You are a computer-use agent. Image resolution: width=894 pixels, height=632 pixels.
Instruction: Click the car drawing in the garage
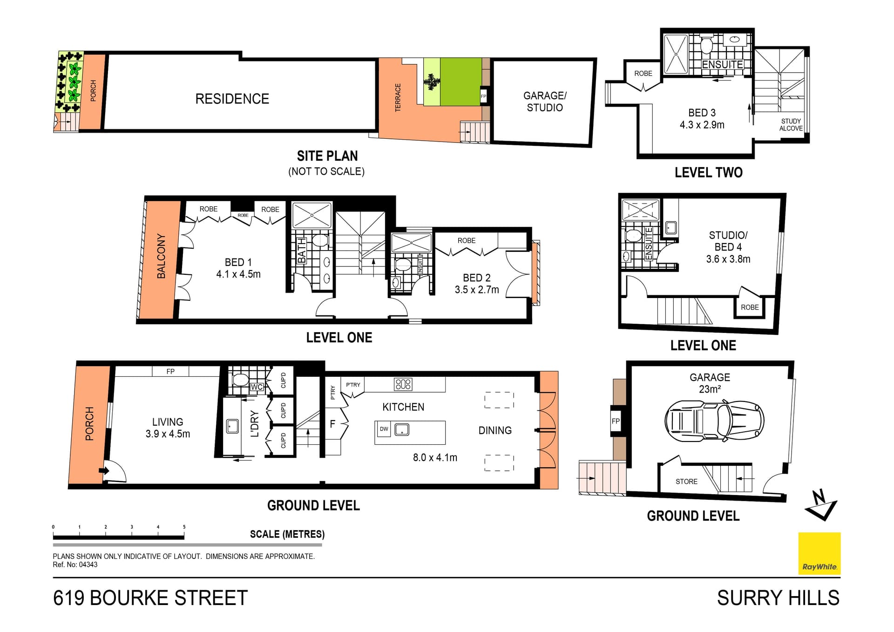(714, 421)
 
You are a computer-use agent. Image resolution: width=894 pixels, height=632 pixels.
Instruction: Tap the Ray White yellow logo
(819, 553)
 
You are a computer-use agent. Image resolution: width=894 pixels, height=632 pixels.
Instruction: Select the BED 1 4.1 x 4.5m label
(238, 268)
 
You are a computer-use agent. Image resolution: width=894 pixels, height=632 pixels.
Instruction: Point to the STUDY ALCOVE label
(791, 125)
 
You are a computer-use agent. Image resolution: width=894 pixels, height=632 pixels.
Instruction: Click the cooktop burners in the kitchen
(403, 384)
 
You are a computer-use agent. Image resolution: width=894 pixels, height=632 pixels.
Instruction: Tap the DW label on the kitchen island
(384, 429)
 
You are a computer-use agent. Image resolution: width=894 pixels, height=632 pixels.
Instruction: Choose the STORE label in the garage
(686, 482)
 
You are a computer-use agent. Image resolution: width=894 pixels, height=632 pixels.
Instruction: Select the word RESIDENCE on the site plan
(232, 99)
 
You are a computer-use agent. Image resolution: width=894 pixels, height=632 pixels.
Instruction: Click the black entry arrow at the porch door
(104, 471)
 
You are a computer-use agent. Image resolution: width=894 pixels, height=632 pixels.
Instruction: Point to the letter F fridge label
(332, 424)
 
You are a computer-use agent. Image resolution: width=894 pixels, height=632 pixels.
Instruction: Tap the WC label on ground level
(257, 387)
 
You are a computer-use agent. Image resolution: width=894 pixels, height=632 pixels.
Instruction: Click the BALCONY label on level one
(161, 256)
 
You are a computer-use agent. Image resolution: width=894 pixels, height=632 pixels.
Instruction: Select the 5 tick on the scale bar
(184, 527)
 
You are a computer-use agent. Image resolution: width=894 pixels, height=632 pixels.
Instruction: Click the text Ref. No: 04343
(75, 564)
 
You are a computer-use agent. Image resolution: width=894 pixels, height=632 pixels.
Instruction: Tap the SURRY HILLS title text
(778, 598)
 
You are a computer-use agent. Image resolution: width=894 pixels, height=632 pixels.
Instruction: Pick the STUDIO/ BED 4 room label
(728, 247)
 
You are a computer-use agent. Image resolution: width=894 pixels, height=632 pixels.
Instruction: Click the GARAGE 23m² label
(710, 383)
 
